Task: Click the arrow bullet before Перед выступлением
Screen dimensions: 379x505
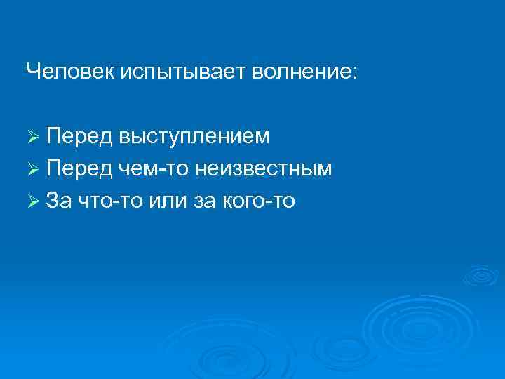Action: point(33,135)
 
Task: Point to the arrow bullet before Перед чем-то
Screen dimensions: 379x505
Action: point(33,169)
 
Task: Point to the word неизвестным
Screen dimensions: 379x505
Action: point(264,169)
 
